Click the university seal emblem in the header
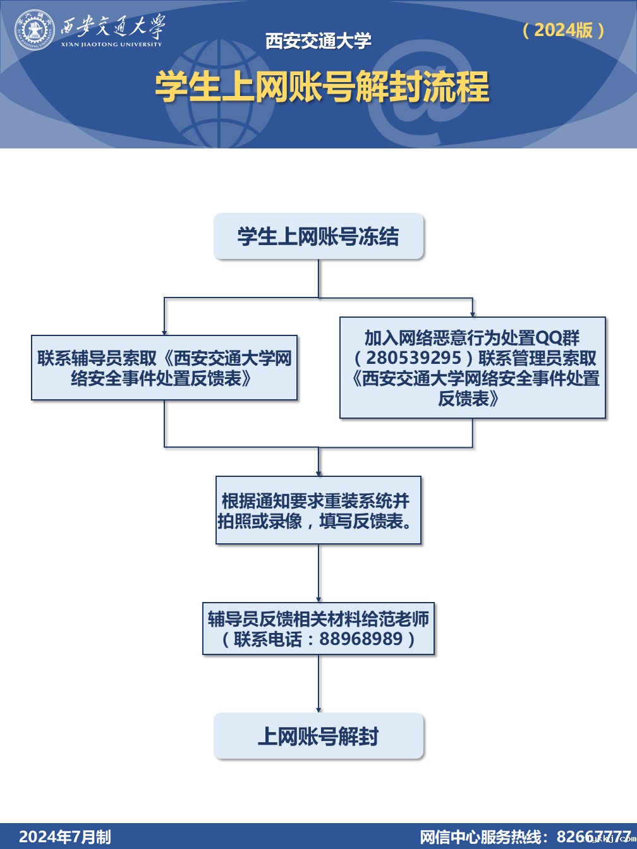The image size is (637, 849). coord(35,30)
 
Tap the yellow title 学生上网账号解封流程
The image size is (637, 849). coord(322,87)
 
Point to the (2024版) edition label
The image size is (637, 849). coord(564,30)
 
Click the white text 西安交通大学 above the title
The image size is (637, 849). coord(318,41)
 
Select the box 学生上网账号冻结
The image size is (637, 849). coord(318,236)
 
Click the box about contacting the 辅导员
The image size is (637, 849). coord(164,368)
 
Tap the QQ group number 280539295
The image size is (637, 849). coord(414,358)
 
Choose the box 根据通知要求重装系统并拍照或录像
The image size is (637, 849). coord(318,510)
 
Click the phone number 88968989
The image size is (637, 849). coord(361,639)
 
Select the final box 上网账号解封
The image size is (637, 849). coord(318,736)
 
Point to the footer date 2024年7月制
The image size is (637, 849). coord(65,837)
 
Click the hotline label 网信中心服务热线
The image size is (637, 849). coord(483,837)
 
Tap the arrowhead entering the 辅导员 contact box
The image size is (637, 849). coord(164,332)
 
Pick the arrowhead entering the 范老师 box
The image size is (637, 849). coord(318,599)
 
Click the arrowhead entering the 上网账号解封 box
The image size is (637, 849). coord(318,709)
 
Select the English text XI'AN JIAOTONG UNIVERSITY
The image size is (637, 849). coord(112,44)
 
